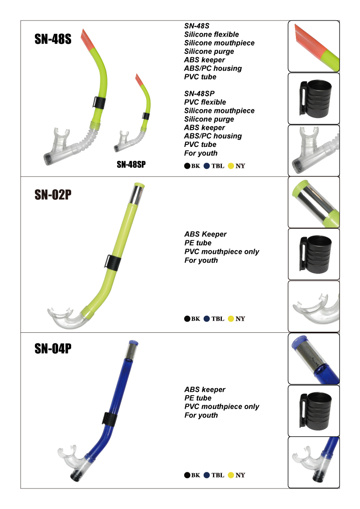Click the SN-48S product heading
click(53, 39)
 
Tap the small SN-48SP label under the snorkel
click(131, 165)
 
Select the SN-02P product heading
click(53, 195)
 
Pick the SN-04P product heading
click(53, 349)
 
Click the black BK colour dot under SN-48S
click(187, 166)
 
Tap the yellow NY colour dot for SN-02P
click(231, 319)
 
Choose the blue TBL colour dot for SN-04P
click(207, 475)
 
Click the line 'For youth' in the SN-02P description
click(201, 260)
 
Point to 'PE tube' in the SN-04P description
click(198, 398)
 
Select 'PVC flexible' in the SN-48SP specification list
click(205, 102)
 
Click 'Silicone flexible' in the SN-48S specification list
click(212, 34)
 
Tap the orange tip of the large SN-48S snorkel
click(87, 39)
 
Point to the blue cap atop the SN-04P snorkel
click(133, 343)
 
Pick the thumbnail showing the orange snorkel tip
click(314, 46)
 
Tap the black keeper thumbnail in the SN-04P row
click(314, 411)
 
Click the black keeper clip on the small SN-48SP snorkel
click(146, 116)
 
